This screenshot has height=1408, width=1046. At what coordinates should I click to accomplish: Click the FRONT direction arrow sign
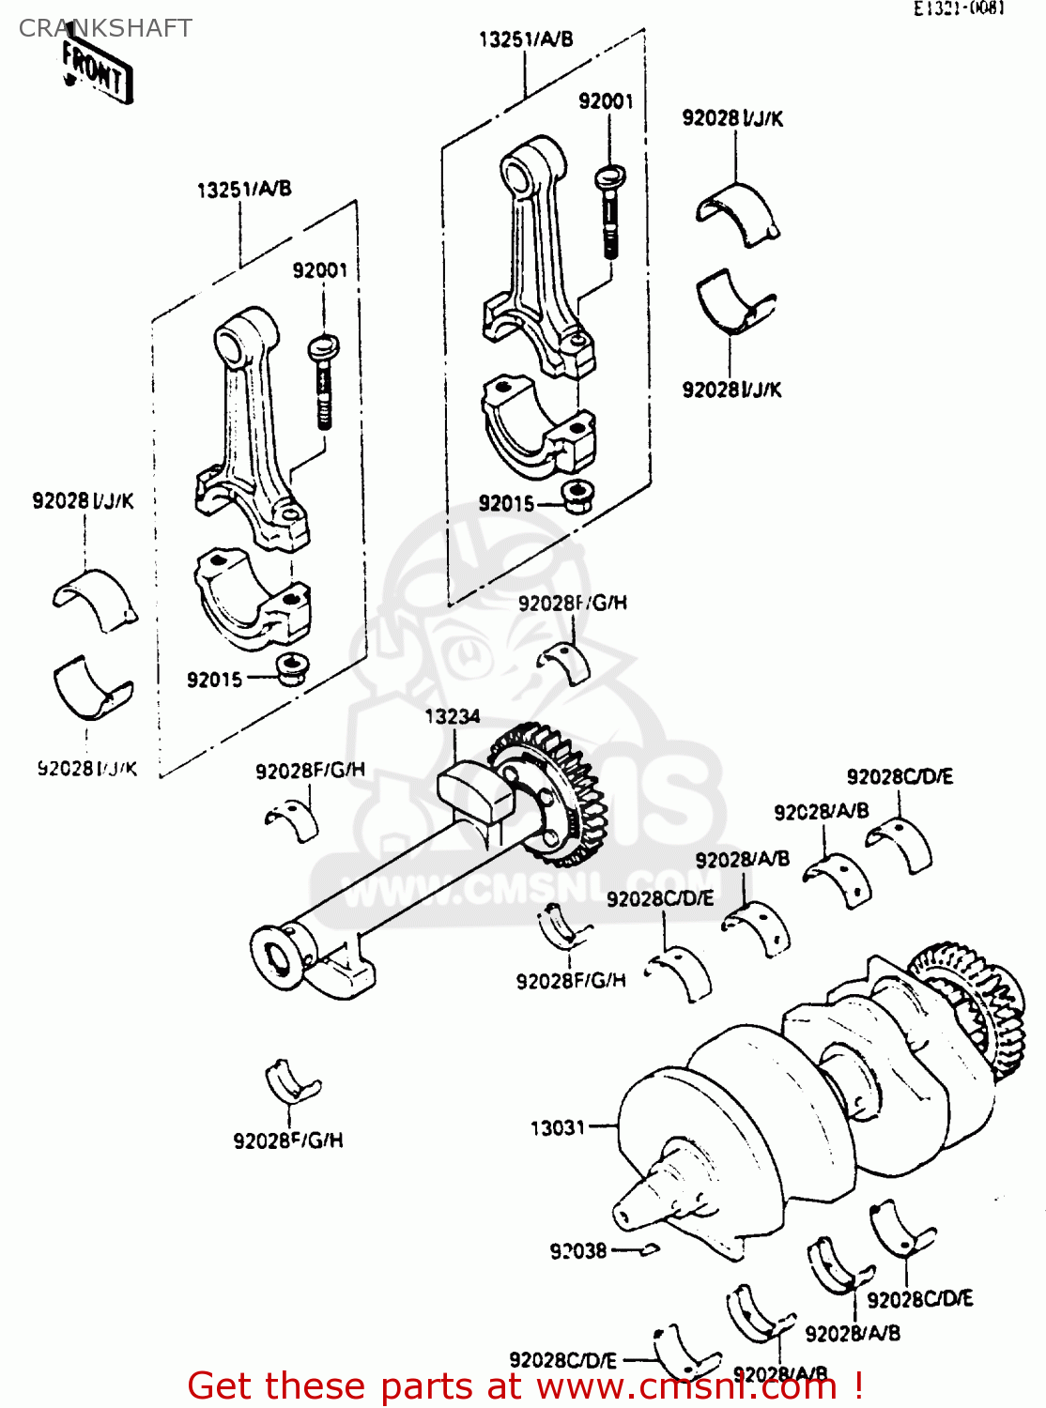97,72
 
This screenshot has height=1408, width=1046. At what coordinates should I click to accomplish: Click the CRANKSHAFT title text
105,28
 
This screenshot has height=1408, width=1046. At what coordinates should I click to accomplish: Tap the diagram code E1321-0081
959,8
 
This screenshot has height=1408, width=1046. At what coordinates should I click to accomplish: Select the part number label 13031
557,1127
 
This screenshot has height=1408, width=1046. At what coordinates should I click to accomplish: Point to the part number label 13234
452,717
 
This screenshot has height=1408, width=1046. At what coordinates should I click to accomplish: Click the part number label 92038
577,1251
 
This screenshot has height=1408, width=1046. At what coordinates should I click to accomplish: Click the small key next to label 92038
649,1249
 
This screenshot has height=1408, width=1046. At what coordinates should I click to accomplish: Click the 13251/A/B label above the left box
244,190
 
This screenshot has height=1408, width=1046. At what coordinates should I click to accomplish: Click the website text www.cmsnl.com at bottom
685,1386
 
